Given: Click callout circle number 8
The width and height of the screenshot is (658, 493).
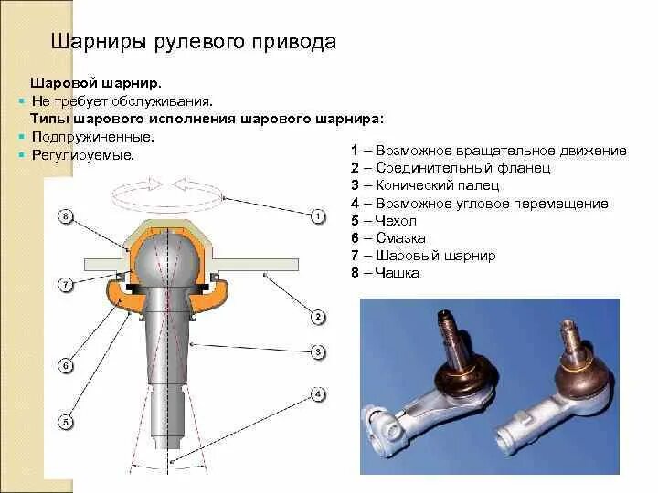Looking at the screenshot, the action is point(64,216).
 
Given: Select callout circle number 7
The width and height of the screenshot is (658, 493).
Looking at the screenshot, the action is point(64,285).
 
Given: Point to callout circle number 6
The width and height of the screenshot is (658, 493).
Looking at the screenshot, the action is point(64,366).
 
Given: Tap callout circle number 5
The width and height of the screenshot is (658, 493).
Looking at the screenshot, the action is point(64,422).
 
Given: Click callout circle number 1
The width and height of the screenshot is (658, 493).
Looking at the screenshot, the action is point(318,216).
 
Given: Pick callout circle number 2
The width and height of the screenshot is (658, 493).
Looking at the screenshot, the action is point(318,318).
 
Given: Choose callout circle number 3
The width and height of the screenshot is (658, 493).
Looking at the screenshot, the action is point(318,351).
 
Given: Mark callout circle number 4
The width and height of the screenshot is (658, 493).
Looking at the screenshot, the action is point(318,394).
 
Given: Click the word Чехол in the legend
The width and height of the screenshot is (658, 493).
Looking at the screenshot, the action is point(396,221).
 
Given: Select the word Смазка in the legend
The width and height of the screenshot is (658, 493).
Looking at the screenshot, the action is point(400,238).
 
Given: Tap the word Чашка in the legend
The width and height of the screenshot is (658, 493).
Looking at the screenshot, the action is point(398,273).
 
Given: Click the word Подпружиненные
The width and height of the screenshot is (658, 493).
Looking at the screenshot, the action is point(92,136).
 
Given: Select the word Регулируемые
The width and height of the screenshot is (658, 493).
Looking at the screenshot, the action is point(82,155).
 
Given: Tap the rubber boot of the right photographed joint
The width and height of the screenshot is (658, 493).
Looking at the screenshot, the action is point(578,372).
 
